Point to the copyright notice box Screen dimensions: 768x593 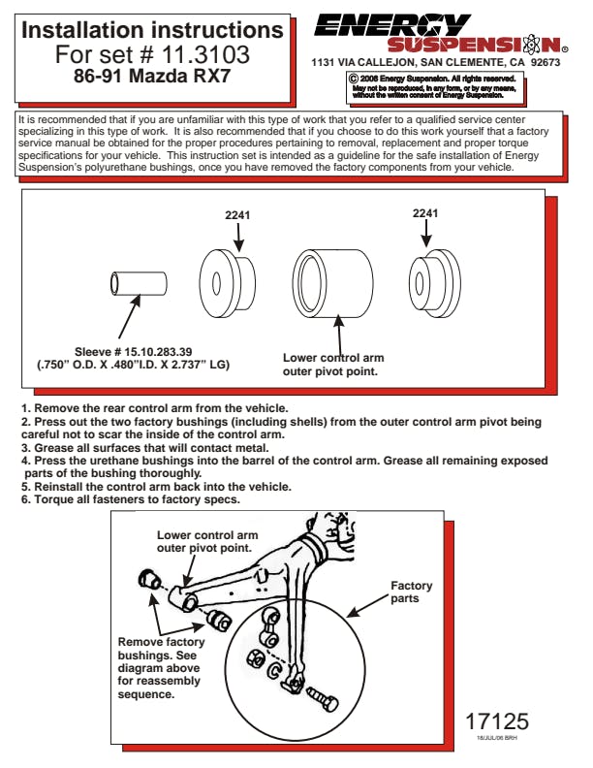(436, 87)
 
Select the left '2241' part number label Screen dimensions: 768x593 (237, 214)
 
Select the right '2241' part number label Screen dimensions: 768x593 (424, 213)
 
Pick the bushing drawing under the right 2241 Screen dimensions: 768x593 (433, 282)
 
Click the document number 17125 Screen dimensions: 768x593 (497, 721)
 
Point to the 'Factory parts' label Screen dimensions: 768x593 (411, 592)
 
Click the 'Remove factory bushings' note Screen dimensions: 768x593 (161, 668)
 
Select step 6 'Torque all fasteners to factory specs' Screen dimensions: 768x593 (131, 499)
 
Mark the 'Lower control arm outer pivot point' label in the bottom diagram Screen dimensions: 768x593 (206, 541)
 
